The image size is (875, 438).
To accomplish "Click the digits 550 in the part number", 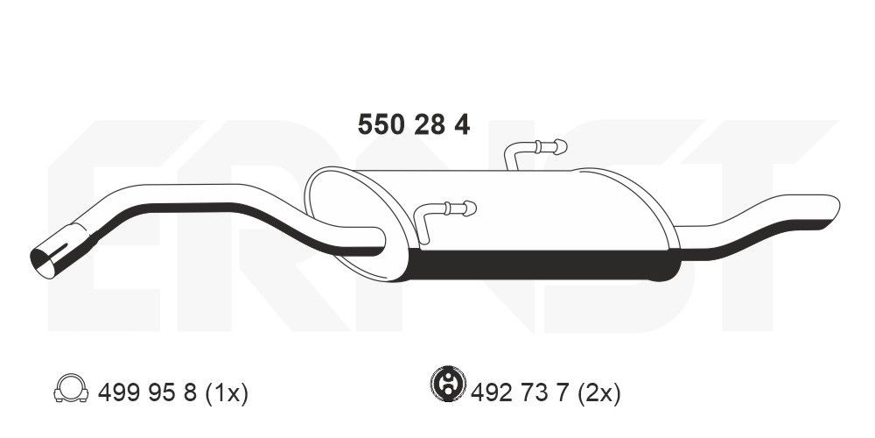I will pyautogui.click(x=381, y=125).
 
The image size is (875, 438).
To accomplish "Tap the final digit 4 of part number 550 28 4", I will pyautogui.click(x=461, y=125).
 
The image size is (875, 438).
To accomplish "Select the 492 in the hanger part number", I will pyautogui.click(x=490, y=392).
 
